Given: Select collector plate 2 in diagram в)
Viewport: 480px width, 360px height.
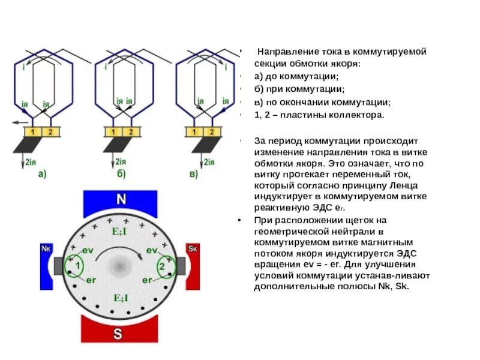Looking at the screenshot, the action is point(213,131).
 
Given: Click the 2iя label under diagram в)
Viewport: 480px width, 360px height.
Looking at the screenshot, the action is point(209,161).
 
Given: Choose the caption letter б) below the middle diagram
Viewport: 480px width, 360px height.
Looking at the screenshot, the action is point(121,175).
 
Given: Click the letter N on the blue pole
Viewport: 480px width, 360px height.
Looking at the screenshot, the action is point(121,200).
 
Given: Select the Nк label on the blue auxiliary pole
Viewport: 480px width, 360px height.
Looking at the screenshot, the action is point(46,248).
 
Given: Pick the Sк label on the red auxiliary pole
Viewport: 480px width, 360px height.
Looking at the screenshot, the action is point(192,248).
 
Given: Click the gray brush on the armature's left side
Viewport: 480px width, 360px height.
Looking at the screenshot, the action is point(59,265).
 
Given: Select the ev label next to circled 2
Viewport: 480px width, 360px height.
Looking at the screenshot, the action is point(151,250).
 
